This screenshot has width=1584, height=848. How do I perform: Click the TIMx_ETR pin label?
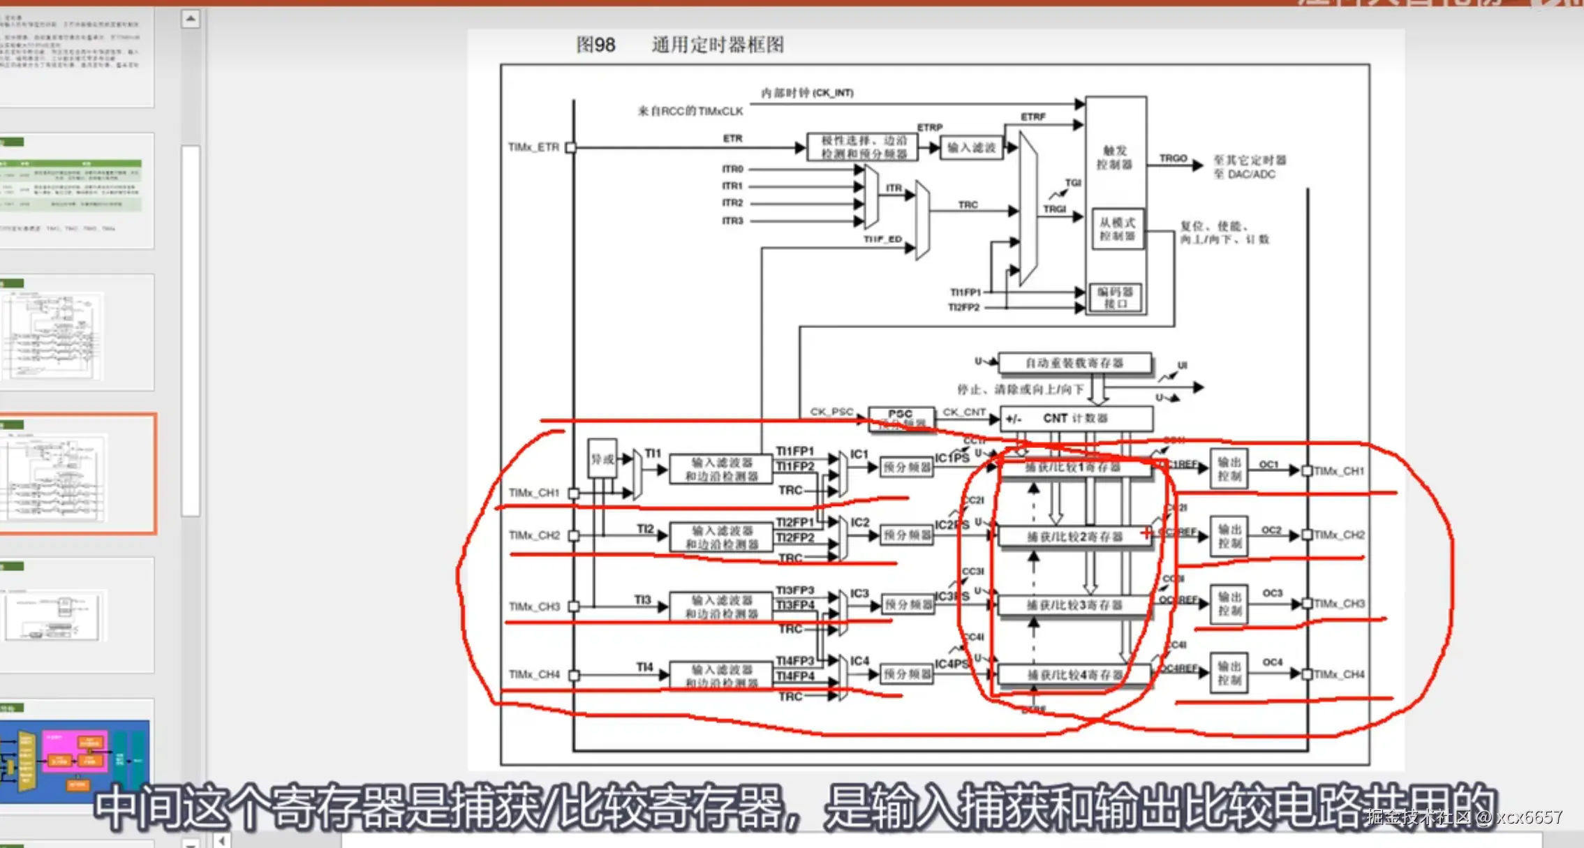click(533, 147)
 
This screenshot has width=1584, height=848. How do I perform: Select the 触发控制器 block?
click(1115, 158)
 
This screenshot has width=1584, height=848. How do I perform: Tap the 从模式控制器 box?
click(1117, 229)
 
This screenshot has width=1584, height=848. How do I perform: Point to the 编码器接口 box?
click(1115, 297)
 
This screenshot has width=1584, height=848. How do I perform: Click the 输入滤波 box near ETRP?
click(971, 148)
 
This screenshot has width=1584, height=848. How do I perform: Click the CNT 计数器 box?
click(1075, 418)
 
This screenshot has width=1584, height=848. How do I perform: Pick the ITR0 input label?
click(732, 169)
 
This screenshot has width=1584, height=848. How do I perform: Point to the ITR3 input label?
click(732, 221)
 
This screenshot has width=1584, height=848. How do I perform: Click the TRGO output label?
click(1173, 158)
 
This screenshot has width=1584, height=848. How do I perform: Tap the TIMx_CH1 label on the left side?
click(534, 493)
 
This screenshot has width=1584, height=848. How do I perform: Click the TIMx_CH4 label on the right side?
click(1339, 674)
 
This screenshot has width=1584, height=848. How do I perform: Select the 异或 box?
click(602, 459)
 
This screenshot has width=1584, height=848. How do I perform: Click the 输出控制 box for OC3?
click(1229, 604)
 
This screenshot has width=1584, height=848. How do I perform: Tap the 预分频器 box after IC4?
click(906, 674)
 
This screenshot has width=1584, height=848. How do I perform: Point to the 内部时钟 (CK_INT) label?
click(807, 93)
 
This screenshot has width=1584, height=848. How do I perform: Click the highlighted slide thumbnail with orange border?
click(77, 474)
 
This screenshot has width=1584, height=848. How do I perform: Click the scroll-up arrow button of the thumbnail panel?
click(191, 19)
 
